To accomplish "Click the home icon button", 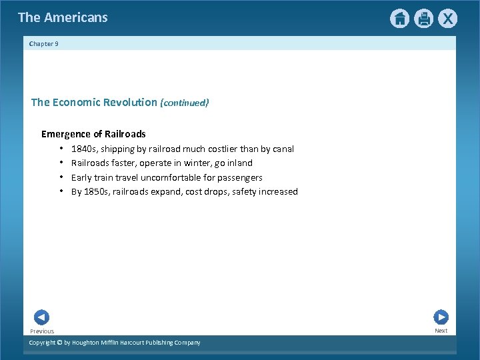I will [x=399, y=19].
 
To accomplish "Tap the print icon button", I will [x=423, y=19].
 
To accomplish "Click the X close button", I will [x=447, y=19].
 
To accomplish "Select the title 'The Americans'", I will [x=63, y=18].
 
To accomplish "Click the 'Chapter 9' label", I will [x=44, y=44].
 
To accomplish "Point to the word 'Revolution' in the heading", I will [x=133, y=103].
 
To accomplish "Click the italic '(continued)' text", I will [x=184, y=103].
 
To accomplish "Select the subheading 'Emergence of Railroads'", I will [x=93, y=134].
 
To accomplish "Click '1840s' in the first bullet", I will [x=83, y=149].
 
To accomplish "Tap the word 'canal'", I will [x=281, y=149].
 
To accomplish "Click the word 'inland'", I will [x=239, y=163].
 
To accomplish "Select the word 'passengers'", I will [x=241, y=178].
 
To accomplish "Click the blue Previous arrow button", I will [x=41, y=317].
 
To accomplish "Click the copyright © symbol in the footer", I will [x=59, y=343].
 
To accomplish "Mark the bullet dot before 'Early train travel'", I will [x=61, y=177].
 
